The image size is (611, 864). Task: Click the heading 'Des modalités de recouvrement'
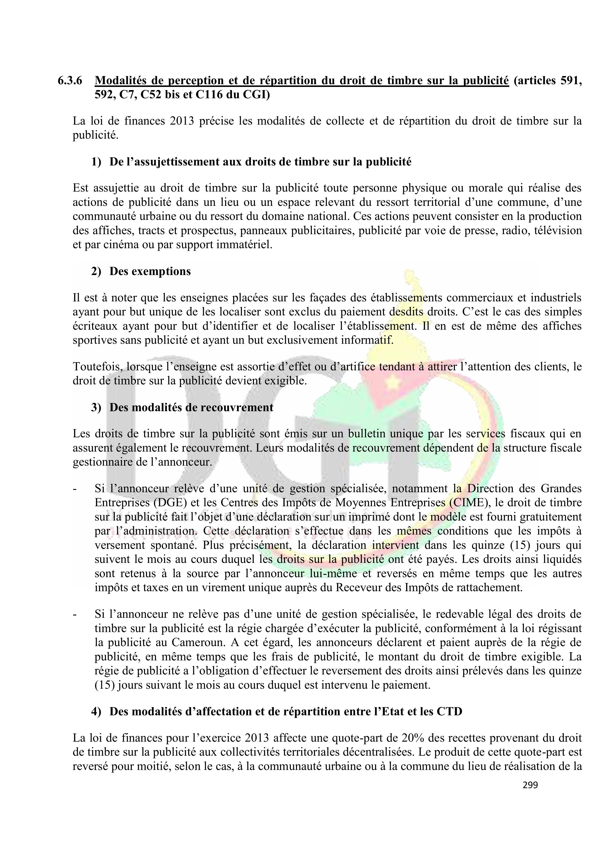pos(191,408)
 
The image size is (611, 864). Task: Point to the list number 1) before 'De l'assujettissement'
pos(96,162)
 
